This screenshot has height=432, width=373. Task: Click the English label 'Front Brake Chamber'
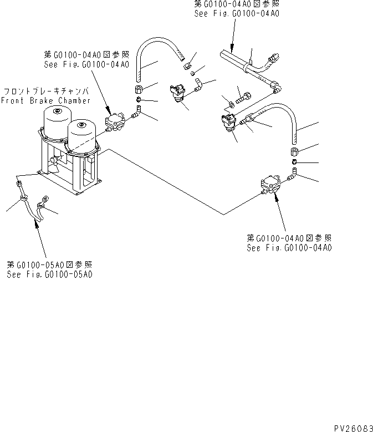pos(45,100)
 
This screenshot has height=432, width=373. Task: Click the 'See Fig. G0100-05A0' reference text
pos(49,274)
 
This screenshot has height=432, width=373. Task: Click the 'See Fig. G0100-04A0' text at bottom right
pos(289,247)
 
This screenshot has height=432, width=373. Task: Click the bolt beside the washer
pos(242,100)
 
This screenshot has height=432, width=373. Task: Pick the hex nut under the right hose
pos(294,152)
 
